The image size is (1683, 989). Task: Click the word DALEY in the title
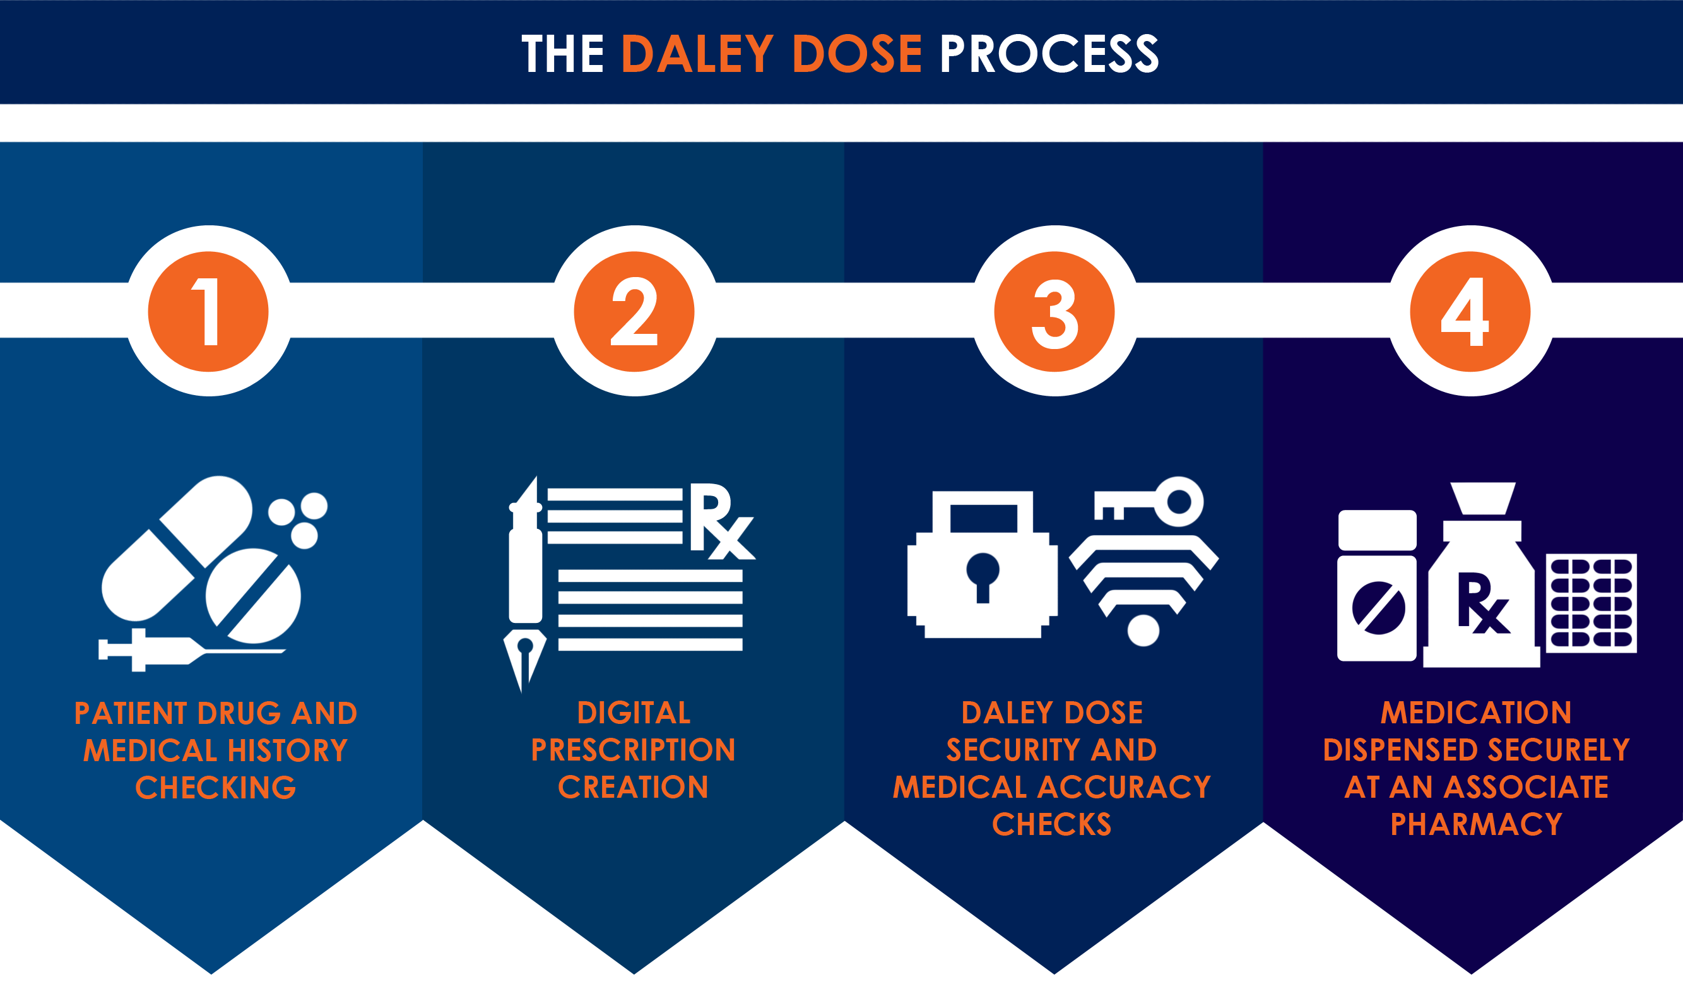tap(697, 54)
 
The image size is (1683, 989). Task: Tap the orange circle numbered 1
tap(208, 311)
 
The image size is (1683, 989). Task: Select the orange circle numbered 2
tap(634, 311)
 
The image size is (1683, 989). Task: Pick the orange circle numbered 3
tap(1054, 311)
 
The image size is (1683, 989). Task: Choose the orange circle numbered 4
tap(1470, 311)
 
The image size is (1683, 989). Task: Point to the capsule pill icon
tap(177, 548)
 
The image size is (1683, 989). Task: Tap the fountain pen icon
tap(525, 581)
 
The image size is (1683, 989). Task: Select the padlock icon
tap(982, 567)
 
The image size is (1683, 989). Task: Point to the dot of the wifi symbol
tap(1143, 631)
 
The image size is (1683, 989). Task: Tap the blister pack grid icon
tap(1591, 603)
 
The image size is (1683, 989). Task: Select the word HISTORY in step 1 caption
tap(287, 750)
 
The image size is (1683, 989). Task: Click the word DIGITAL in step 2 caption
tap(633, 713)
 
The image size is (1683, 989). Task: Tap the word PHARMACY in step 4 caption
tap(1476, 825)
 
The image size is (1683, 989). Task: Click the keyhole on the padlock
tap(983, 576)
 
